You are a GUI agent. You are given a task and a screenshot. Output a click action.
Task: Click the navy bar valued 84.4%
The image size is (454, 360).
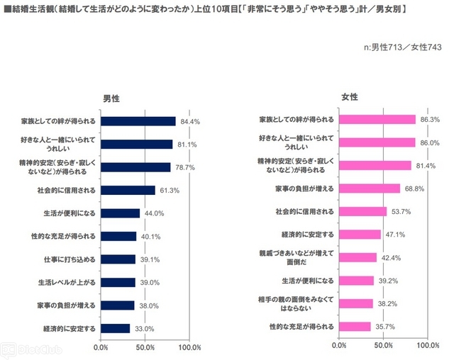click(x=138, y=121)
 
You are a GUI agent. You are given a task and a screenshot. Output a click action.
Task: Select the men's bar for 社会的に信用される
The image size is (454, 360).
click(x=128, y=190)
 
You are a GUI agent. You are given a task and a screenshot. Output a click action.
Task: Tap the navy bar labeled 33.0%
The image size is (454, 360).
click(x=115, y=328)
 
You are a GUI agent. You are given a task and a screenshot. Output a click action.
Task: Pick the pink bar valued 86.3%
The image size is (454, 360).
click(x=378, y=119)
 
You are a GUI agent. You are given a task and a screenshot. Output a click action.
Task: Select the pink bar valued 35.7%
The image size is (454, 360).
click(x=355, y=327)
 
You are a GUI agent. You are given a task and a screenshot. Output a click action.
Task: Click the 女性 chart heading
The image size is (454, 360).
click(x=349, y=96)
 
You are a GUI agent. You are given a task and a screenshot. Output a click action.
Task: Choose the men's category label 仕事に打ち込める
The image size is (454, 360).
click(x=71, y=259)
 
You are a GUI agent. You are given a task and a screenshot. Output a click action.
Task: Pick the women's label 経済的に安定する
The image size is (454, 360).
click(x=309, y=235)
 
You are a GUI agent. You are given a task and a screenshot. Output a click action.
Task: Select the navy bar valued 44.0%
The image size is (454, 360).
click(x=121, y=213)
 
